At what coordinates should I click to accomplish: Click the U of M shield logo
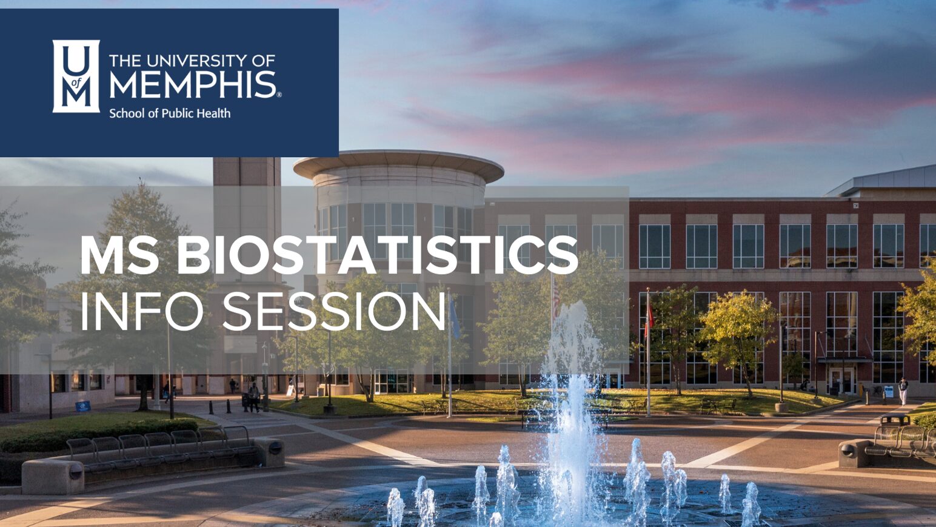click(76, 76)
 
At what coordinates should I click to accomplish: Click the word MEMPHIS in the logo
click(193, 84)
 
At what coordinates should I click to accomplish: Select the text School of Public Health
click(170, 113)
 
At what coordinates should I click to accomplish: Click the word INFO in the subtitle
click(142, 311)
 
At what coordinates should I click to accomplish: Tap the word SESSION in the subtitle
click(334, 311)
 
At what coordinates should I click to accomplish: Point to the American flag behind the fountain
click(556, 297)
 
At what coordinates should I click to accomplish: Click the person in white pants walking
click(903, 391)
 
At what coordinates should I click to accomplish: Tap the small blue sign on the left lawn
click(82, 406)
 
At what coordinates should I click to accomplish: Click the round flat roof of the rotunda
click(399, 164)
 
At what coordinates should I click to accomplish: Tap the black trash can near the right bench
click(895, 419)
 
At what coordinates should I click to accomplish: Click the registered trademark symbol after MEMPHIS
click(279, 95)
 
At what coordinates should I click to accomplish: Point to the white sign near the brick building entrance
click(889, 391)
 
